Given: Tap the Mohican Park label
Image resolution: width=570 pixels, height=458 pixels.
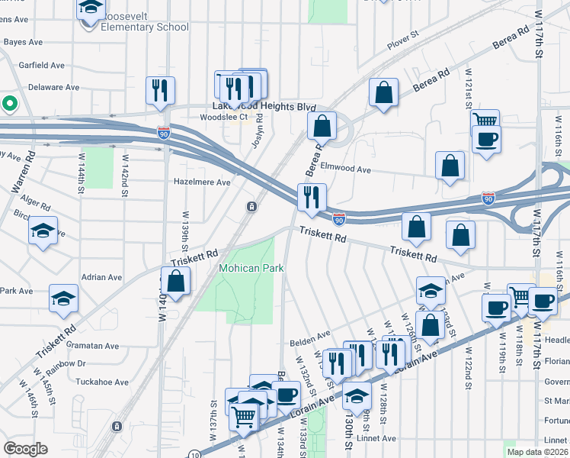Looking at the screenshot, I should tap(251, 268).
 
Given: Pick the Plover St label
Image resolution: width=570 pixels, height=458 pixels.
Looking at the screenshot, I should tap(404, 45).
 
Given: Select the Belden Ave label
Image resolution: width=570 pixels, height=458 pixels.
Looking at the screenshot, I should tap(308, 334).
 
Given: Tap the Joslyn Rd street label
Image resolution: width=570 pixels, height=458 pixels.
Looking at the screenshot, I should tap(258, 131).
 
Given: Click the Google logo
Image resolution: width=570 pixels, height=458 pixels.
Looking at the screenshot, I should tap(26, 449).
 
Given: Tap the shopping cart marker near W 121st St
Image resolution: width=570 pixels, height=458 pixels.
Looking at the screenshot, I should tap(485, 120).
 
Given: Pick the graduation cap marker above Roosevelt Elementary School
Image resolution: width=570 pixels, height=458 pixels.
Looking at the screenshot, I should tap(91, 8).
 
